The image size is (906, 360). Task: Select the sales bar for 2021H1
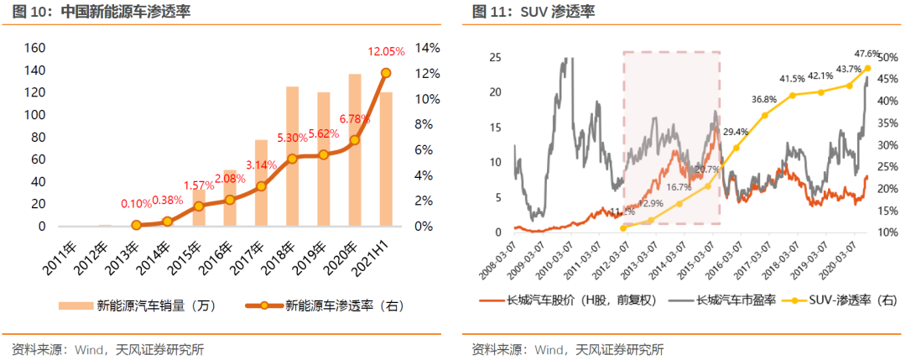[386, 159]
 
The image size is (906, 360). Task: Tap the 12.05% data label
[387, 51]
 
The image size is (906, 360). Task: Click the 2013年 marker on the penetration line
[136, 225]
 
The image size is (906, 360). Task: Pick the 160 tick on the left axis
[35, 48]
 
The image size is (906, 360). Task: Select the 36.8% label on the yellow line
[763, 99]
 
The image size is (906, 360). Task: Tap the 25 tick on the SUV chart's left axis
[495, 57]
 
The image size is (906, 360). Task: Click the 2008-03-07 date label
[502, 255]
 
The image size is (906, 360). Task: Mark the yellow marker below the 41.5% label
[792, 95]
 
